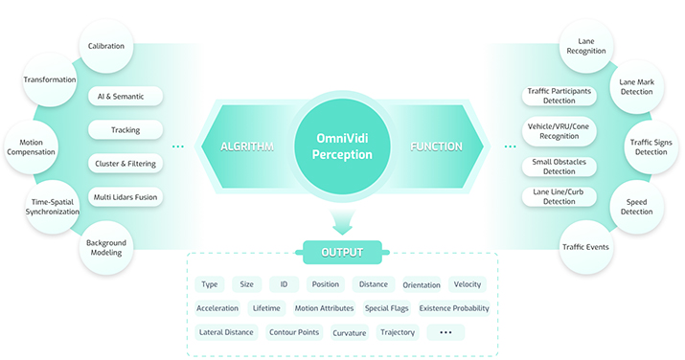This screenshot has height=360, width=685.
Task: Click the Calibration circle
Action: coord(106,46)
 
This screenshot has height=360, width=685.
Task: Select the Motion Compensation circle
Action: coord(31,147)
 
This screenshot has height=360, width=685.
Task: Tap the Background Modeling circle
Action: coord(106,247)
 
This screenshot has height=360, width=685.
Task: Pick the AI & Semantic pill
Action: coord(126,97)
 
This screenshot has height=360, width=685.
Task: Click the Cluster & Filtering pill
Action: coord(126,164)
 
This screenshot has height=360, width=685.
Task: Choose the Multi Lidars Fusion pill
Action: coord(126,197)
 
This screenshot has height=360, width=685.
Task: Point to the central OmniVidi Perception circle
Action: coord(342,146)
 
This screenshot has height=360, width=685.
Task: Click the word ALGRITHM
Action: coord(247,146)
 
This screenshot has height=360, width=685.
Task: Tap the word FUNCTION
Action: coord(436,146)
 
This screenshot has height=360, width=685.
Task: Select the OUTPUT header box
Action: coord(343,252)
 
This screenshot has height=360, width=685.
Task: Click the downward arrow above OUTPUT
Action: coord(343,222)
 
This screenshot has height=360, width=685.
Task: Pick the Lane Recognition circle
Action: coord(586,46)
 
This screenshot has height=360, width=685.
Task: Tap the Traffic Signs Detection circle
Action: coord(651,147)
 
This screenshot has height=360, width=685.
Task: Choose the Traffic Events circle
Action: coord(585,247)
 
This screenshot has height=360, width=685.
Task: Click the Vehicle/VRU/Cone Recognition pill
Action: coord(559,131)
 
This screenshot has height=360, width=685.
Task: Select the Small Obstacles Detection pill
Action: coord(559,167)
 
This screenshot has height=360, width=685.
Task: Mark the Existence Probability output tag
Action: coord(454,308)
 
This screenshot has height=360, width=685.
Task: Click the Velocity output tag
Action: coord(468,284)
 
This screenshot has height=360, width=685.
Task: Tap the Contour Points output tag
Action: coord(294,332)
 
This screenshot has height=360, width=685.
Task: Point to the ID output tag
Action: coord(284,284)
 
